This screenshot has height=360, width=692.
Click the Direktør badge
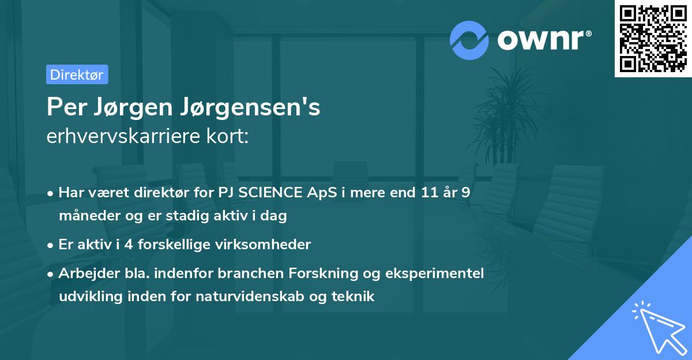[77, 74]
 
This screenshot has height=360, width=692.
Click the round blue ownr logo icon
[469, 40]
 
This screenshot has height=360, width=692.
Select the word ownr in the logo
[543, 40]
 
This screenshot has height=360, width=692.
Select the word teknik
[355, 297]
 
